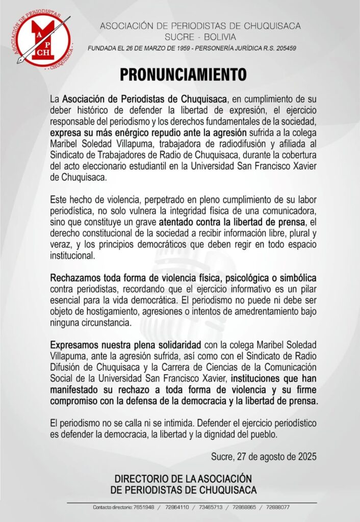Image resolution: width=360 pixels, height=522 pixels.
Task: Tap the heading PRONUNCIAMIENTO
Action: coord(183,74)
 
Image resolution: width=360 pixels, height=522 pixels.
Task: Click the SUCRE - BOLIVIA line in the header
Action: coord(200,37)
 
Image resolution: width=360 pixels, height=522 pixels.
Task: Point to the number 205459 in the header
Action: coord(284,48)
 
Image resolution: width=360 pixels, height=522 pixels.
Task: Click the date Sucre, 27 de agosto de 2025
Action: coord(263,457)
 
